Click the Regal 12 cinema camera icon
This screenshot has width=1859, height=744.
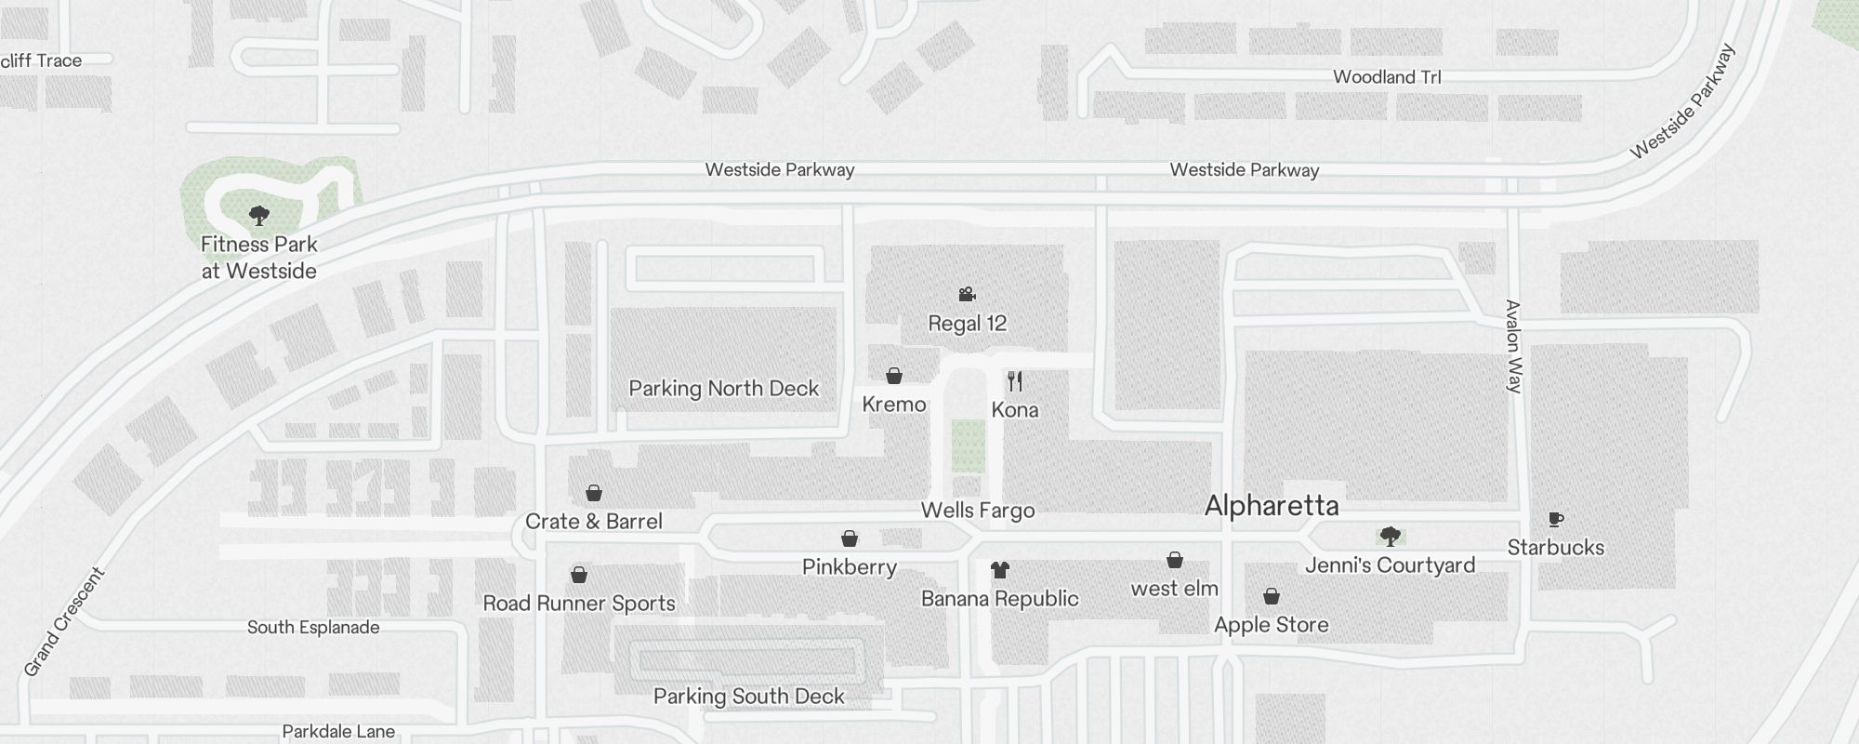click(967, 294)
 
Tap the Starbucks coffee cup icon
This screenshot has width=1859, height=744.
click(1556, 519)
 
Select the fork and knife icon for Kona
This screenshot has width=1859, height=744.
click(1015, 381)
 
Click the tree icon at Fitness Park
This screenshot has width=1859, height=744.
click(259, 216)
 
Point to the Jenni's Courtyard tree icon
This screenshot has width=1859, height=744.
click(1390, 536)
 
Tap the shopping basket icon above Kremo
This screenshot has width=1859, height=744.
click(893, 376)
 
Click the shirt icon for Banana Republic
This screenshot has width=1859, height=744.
click(999, 569)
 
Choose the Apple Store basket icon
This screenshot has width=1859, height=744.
click(1271, 596)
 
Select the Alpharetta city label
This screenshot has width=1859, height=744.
click(1272, 506)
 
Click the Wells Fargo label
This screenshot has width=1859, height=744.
click(977, 510)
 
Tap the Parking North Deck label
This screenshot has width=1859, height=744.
click(723, 389)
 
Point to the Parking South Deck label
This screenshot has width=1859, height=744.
click(748, 697)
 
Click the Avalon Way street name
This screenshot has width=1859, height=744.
click(1513, 346)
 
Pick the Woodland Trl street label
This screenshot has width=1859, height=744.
click(1387, 77)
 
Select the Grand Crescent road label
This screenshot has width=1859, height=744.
click(64, 621)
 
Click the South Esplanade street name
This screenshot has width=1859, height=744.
click(313, 628)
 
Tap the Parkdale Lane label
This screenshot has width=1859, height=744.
click(338, 732)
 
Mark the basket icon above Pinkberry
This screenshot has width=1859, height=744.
click(849, 538)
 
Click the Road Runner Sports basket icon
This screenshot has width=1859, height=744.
click(578, 575)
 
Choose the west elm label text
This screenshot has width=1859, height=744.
click(1174, 589)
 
